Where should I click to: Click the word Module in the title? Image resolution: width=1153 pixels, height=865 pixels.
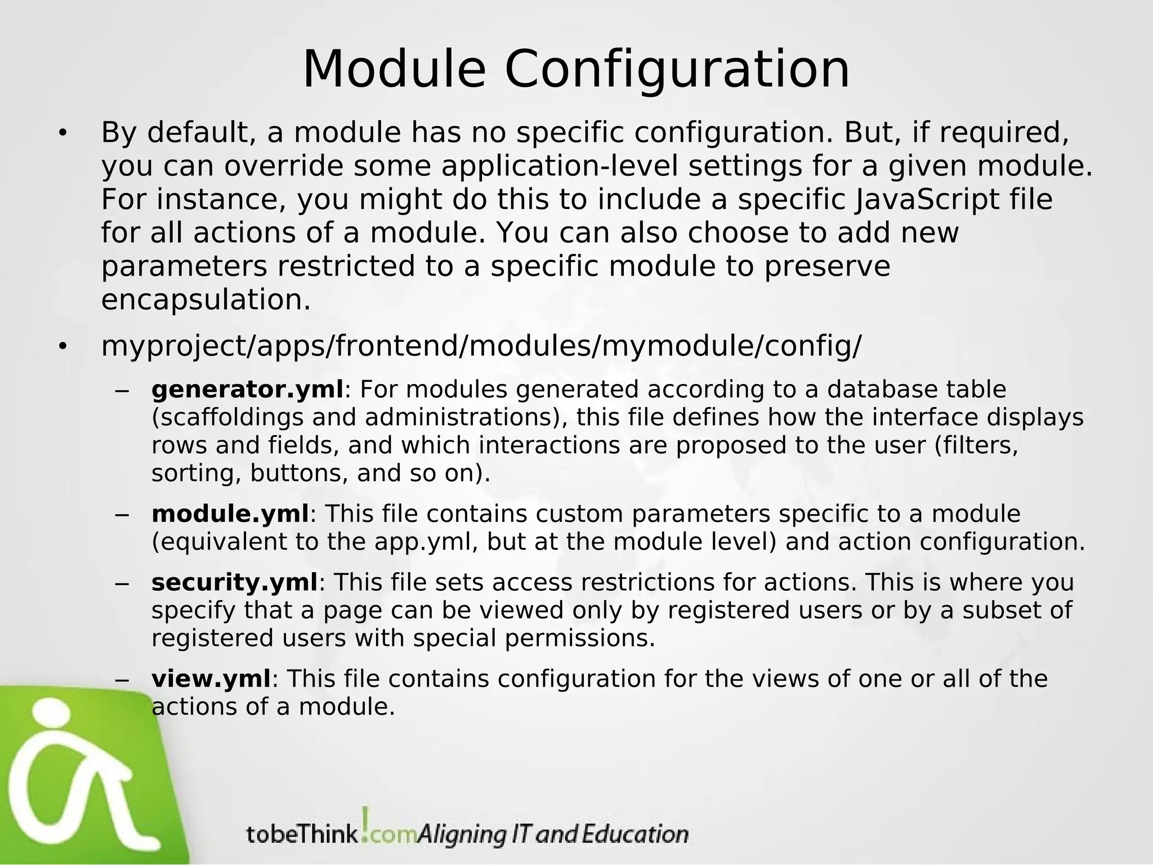coord(394,70)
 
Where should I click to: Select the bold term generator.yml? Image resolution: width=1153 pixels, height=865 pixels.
coord(247,390)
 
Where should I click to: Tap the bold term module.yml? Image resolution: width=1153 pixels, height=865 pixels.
coord(230,514)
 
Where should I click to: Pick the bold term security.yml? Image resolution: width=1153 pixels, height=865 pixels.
coord(235,583)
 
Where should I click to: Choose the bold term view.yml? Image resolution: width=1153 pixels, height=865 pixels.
coord(212,679)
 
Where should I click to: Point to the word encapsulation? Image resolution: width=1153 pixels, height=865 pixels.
coord(205,300)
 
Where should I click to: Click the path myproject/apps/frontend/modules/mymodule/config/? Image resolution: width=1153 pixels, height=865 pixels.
coord(481,346)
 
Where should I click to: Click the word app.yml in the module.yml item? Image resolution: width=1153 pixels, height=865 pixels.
coord(426,542)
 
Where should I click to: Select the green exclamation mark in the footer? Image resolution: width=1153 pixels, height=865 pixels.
coord(365,822)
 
